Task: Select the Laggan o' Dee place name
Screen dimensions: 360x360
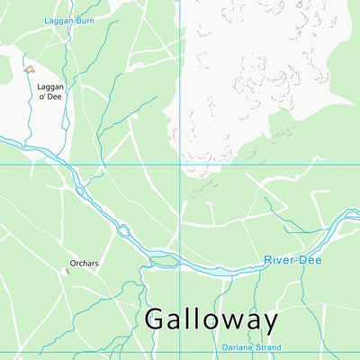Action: coord(49,92)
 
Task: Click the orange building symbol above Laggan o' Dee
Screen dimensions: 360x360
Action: coord(29,67)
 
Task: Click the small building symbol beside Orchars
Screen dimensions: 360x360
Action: coord(67,271)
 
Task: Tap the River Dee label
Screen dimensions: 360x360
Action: coord(292,260)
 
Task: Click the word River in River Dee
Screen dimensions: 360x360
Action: coord(280,260)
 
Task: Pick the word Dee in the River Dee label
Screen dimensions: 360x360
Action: coord(310,260)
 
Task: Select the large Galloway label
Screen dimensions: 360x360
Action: coord(211,319)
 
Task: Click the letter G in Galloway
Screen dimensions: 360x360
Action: coord(156,319)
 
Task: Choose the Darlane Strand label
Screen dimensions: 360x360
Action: coord(251,346)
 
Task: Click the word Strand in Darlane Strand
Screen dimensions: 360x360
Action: coord(267,346)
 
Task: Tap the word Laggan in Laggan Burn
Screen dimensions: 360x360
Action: coord(58,19)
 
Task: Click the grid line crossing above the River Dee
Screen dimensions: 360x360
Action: coord(179,165)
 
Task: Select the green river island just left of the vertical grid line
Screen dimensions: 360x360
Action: coord(163,261)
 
